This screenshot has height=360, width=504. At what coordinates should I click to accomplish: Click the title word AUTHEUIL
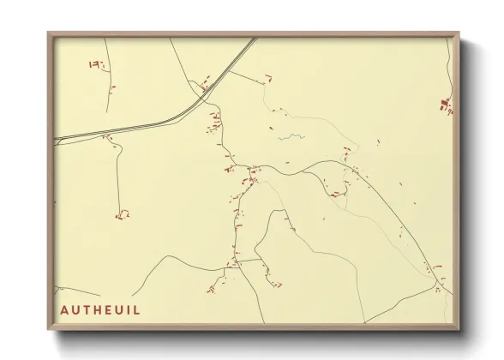pos(100,309)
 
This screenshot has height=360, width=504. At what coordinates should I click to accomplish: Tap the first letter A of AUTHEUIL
pos(65,309)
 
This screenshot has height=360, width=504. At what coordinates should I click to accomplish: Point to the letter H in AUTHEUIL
pos(96,309)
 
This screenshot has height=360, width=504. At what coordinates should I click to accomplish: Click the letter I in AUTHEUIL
pos(129,309)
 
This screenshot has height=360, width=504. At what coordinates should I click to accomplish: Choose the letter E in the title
pos(106,309)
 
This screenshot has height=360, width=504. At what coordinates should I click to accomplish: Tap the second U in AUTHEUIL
pos(117,309)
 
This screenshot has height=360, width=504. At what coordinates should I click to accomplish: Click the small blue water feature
pos(292,135)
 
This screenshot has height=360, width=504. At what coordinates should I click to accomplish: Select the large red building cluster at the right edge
pos(446,105)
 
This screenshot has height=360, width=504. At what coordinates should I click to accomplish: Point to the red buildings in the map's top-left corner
pos(96,64)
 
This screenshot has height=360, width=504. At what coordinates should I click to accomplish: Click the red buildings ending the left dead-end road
pos(122,214)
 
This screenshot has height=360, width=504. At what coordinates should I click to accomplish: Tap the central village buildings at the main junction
pos(253,177)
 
